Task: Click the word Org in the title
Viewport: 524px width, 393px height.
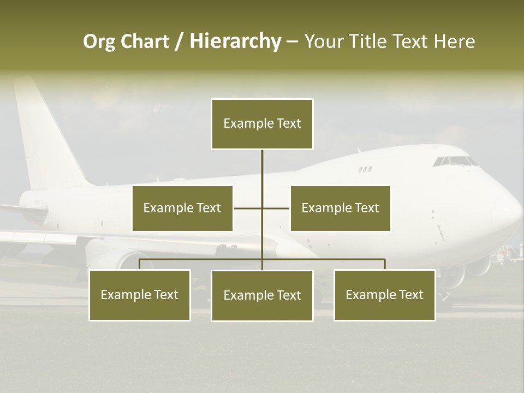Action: coord(99,41)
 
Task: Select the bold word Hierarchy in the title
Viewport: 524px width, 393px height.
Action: coord(235,41)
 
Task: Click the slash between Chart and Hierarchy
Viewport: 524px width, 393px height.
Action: coord(179,42)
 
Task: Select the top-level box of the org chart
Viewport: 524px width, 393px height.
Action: coord(262,124)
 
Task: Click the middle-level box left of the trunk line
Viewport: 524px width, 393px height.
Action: coord(182,209)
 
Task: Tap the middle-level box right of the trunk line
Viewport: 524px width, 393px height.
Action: coord(340,209)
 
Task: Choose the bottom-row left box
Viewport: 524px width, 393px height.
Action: coord(140,295)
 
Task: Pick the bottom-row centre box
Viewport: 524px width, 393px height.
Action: coord(262,296)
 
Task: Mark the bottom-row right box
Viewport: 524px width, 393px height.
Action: coord(384,295)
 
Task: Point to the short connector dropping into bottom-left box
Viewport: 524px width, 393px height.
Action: coord(140,264)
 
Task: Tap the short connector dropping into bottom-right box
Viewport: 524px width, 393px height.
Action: coord(385,264)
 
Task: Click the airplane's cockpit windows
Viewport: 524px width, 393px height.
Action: coord(453,162)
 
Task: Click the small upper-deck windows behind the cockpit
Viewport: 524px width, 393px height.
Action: coord(365,169)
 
